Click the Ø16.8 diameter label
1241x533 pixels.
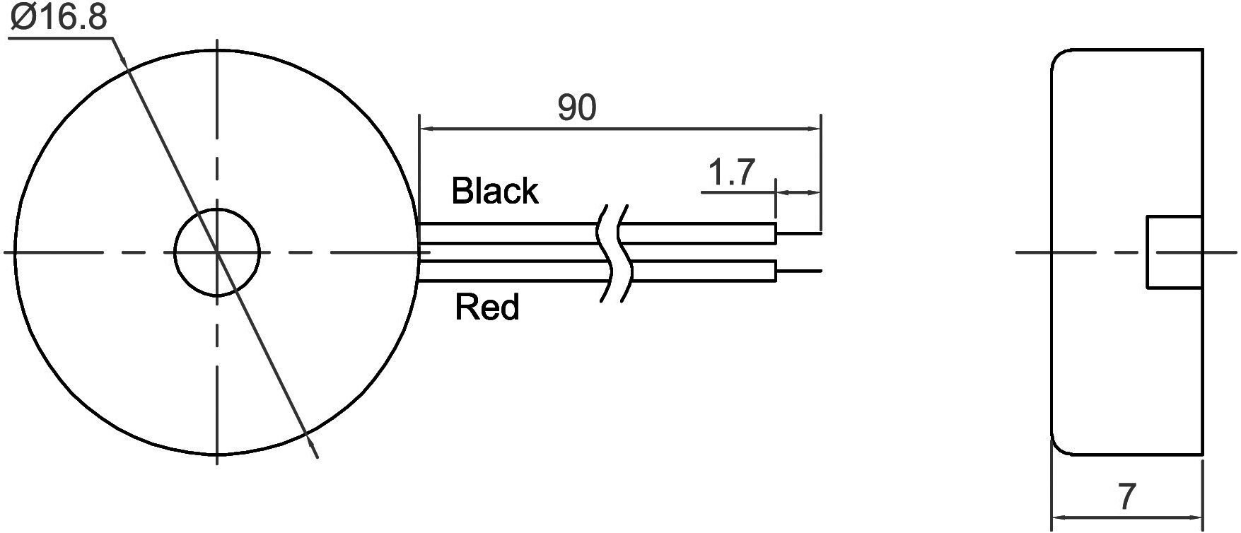click(x=59, y=17)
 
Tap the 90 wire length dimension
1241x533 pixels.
click(x=577, y=107)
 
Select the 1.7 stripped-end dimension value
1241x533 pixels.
click(x=732, y=172)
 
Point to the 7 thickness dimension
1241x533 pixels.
click(x=1127, y=496)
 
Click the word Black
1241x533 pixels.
click(x=495, y=191)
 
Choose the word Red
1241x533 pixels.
click(x=487, y=307)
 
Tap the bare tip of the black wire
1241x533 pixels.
click(x=799, y=233)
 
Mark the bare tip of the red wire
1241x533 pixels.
click(x=799, y=271)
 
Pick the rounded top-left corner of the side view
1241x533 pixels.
click(x=1059, y=57)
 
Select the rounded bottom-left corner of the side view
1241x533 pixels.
click(x=1059, y=446)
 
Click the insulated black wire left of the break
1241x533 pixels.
click(x=509, y=233)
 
